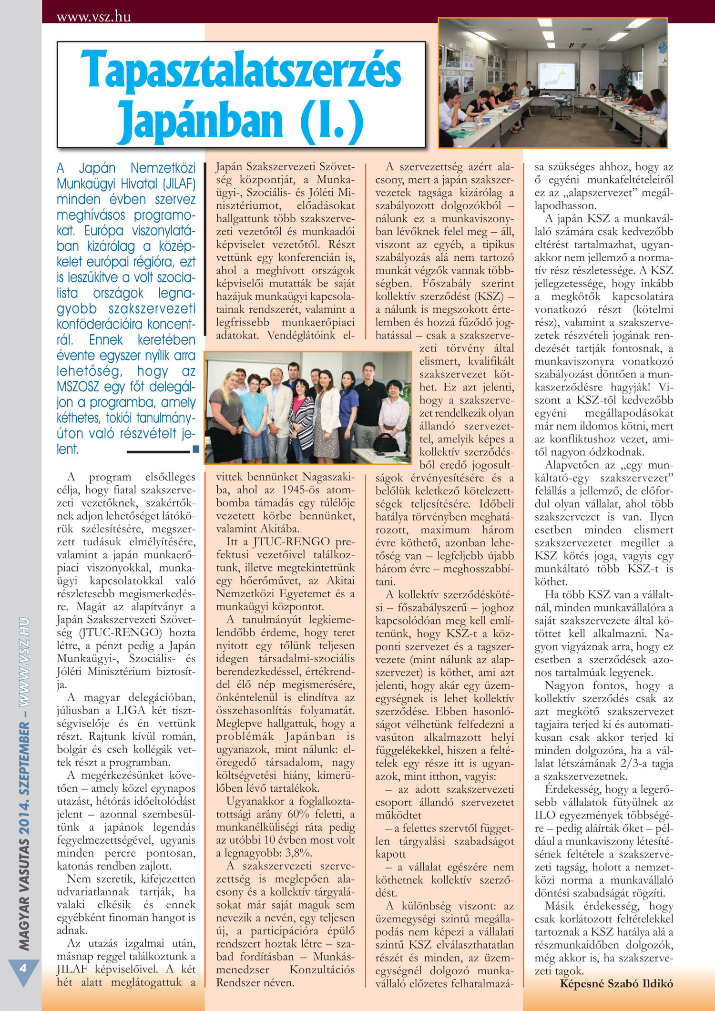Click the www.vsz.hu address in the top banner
click(93, 18)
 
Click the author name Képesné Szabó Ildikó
click(616, 983)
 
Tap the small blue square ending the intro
click(195, 449)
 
